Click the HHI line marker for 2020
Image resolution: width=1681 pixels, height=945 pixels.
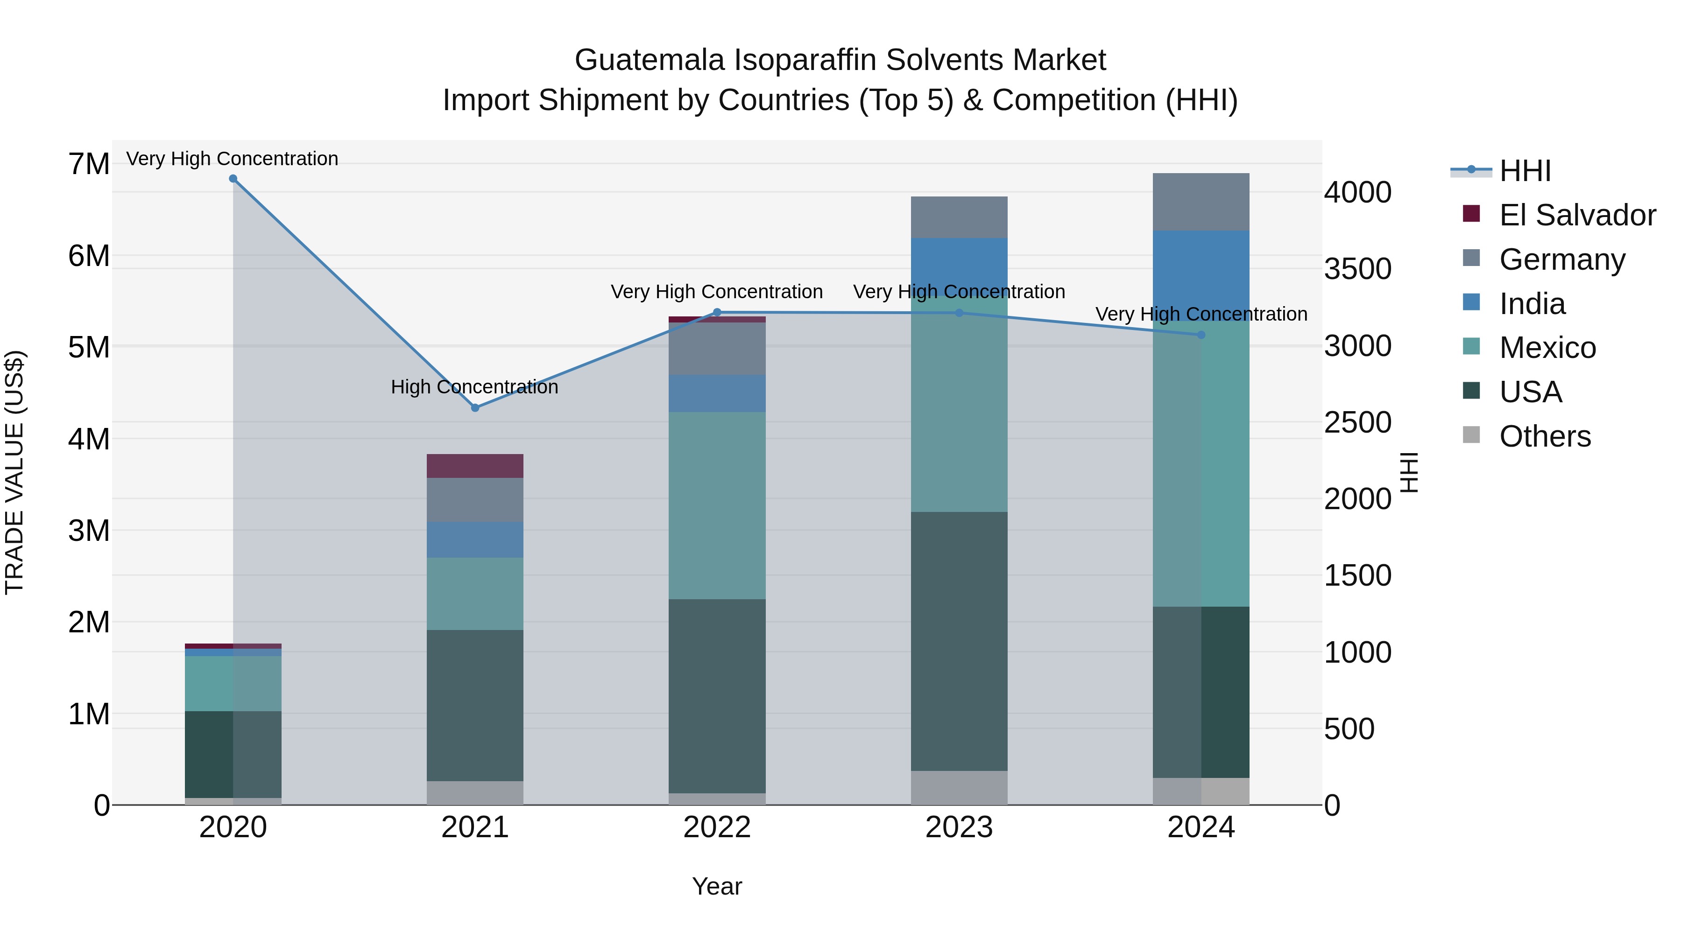click(x=233, y=179)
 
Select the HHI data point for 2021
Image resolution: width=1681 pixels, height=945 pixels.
click(x=475, y=407)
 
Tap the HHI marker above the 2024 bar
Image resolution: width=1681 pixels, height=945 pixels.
click(x=1201, y=335)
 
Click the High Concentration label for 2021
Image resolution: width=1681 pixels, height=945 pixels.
click(x=474, y=387)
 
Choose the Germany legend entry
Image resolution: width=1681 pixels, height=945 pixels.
click(x=1561, y=259)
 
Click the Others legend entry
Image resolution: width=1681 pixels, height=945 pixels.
click(x=1545, y=436)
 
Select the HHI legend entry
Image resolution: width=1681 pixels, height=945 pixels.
click(x=1525, y=171)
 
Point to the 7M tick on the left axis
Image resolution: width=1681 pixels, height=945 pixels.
click(x=89, y=164)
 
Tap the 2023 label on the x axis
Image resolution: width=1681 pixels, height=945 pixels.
click(x=959, y=827)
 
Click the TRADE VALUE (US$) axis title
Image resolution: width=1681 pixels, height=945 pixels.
click(x=14, y=472)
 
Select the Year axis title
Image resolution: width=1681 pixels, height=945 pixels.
click(x=716, y=886)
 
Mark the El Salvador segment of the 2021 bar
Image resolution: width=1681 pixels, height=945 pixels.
click(x=475, y=466)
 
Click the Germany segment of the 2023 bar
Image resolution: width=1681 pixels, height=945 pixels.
click(x=959, y=217)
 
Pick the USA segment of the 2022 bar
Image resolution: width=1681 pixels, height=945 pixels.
click(x=716, y=696)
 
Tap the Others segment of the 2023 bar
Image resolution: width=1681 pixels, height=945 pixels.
click(x=959, y=788)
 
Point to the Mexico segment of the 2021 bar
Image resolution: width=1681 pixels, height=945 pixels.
click(x=475, y=594)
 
